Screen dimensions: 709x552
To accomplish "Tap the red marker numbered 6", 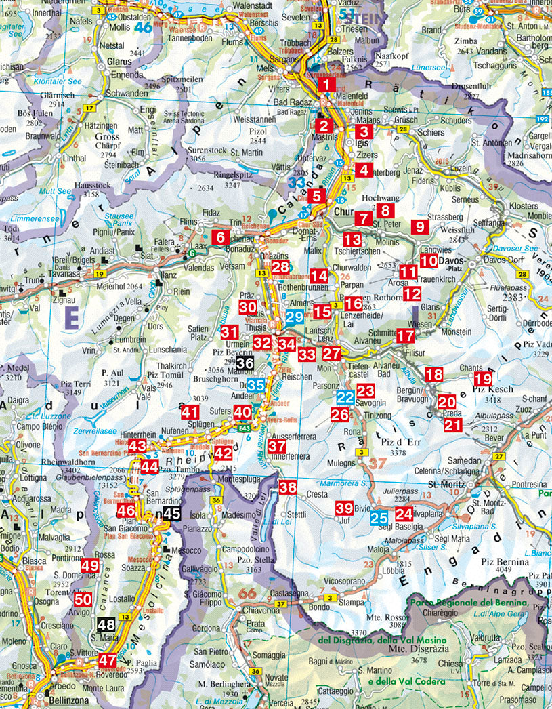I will (220, 237).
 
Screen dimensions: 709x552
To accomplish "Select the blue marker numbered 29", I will (294, 317).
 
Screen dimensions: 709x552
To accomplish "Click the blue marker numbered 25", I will (379, 520).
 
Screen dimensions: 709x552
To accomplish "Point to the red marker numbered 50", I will (83, 599).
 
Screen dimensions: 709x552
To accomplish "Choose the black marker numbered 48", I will (106, 624).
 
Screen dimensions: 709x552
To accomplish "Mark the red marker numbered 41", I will (190, 411).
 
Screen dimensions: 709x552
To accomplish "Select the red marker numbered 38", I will (288, 487).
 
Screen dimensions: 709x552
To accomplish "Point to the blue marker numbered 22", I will (345, 397).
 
